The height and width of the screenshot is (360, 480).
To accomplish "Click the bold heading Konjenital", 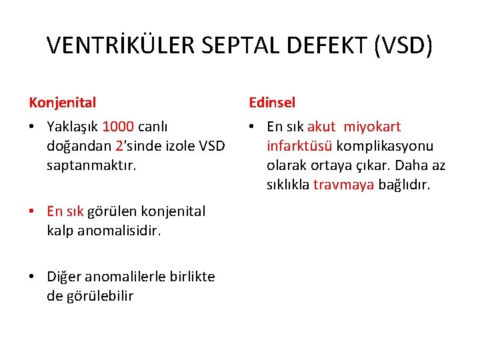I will [63, 103].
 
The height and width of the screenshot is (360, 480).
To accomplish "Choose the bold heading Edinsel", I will [272, 103].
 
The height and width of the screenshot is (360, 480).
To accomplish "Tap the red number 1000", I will [118, 127].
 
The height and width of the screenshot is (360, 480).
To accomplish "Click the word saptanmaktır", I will [91, 164].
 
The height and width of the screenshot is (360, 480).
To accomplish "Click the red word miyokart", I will [372, 127].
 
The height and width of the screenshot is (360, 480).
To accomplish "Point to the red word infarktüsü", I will [299, 145].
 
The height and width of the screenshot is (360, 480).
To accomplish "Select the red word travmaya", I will [344, 185].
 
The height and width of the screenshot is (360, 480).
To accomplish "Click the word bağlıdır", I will [405, 185].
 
